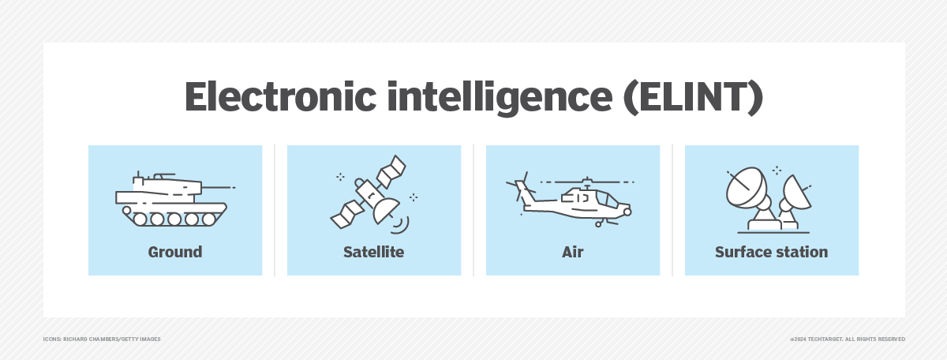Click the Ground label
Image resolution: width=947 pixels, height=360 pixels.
coord(175,253)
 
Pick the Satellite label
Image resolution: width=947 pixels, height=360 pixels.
coord(373,253)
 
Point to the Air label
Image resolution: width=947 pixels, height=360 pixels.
coord(572,253)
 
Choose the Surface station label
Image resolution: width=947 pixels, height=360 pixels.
coord(771,253)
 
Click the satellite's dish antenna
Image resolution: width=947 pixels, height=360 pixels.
coord(387,208)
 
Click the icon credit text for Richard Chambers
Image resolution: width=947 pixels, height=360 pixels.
coord(102,339)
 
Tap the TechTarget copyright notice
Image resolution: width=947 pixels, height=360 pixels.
coord(848,339)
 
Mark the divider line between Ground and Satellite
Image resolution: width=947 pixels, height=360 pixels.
coord(275,210)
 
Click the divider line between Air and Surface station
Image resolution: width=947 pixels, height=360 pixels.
coord(672,210)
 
